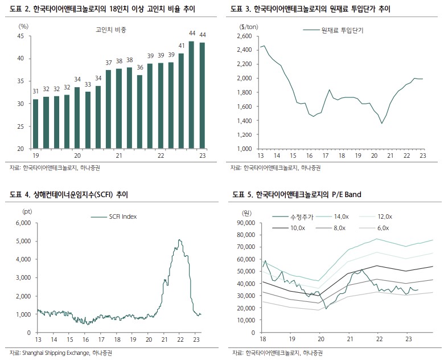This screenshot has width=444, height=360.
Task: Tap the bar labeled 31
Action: [35, 124]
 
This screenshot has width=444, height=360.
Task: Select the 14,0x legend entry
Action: [342, 216]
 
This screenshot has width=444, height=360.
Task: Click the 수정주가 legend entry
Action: [299, 216]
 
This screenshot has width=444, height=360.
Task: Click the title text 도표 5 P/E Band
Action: [297, 195]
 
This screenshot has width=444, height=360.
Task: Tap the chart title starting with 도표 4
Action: [69, 195]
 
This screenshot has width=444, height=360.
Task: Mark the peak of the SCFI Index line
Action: [180, 240]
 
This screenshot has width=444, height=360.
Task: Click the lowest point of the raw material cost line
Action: [381, 123]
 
